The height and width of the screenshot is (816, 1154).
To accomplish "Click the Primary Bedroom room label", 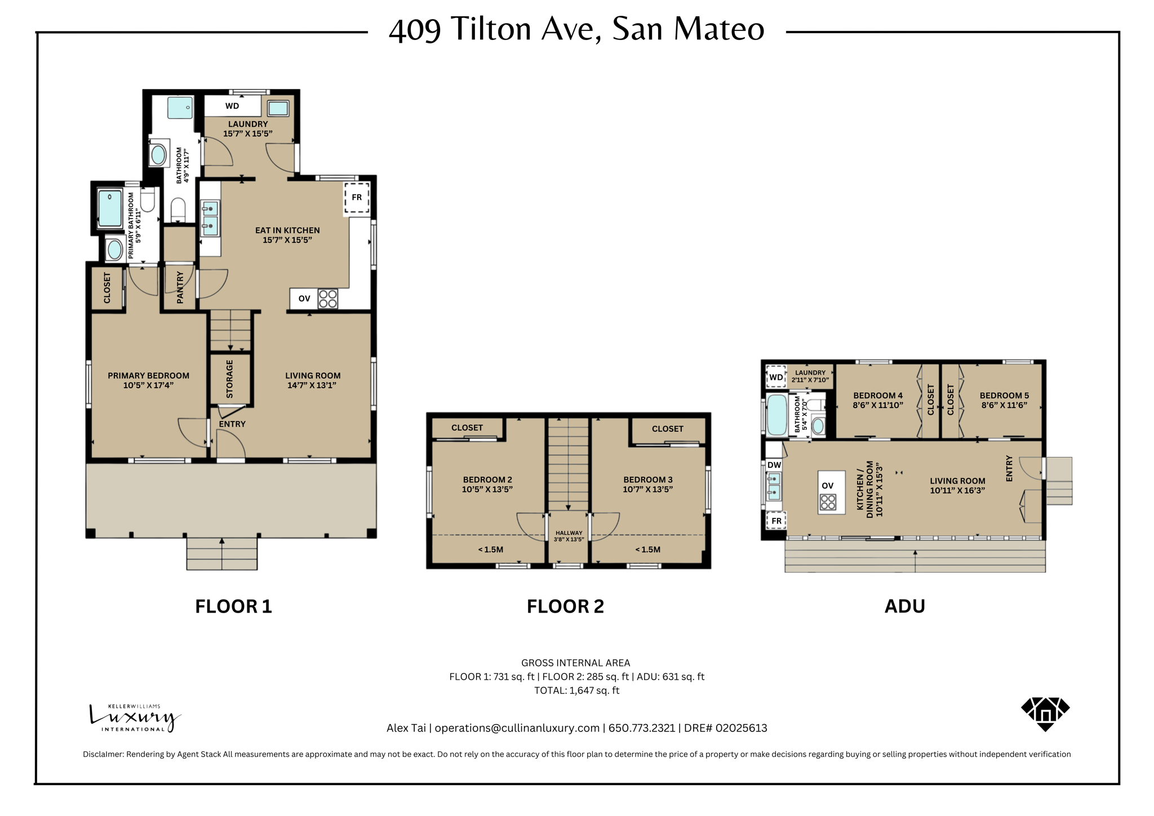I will click(148, 376).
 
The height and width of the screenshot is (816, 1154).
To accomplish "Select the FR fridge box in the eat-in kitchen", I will click(357, 197).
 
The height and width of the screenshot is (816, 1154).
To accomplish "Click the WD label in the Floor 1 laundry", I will click(232, 106).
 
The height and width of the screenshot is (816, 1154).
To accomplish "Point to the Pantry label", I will click(180, 287).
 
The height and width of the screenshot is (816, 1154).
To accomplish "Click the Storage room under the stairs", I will click(230, 379).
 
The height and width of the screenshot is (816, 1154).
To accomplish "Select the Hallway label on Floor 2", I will click(569, 533).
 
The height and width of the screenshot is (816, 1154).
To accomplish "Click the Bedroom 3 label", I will click(647, 480).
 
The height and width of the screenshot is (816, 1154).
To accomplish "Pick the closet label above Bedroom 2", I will click(467, 428).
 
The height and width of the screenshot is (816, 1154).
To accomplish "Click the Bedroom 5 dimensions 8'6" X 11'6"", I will click(1004, 405).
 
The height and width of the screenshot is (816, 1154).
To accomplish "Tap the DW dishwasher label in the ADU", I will click(774, 465).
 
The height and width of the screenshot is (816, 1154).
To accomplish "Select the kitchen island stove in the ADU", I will click(828, 502).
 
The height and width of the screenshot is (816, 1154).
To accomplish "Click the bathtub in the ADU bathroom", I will click(777, 415).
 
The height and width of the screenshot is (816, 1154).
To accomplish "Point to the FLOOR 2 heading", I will click(565, 606).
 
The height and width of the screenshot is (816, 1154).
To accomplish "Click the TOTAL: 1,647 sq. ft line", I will click(576, 690).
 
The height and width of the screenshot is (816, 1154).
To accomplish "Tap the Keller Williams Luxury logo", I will click(134, 718).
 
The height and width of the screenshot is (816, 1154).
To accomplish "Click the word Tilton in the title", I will click(491, 29).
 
